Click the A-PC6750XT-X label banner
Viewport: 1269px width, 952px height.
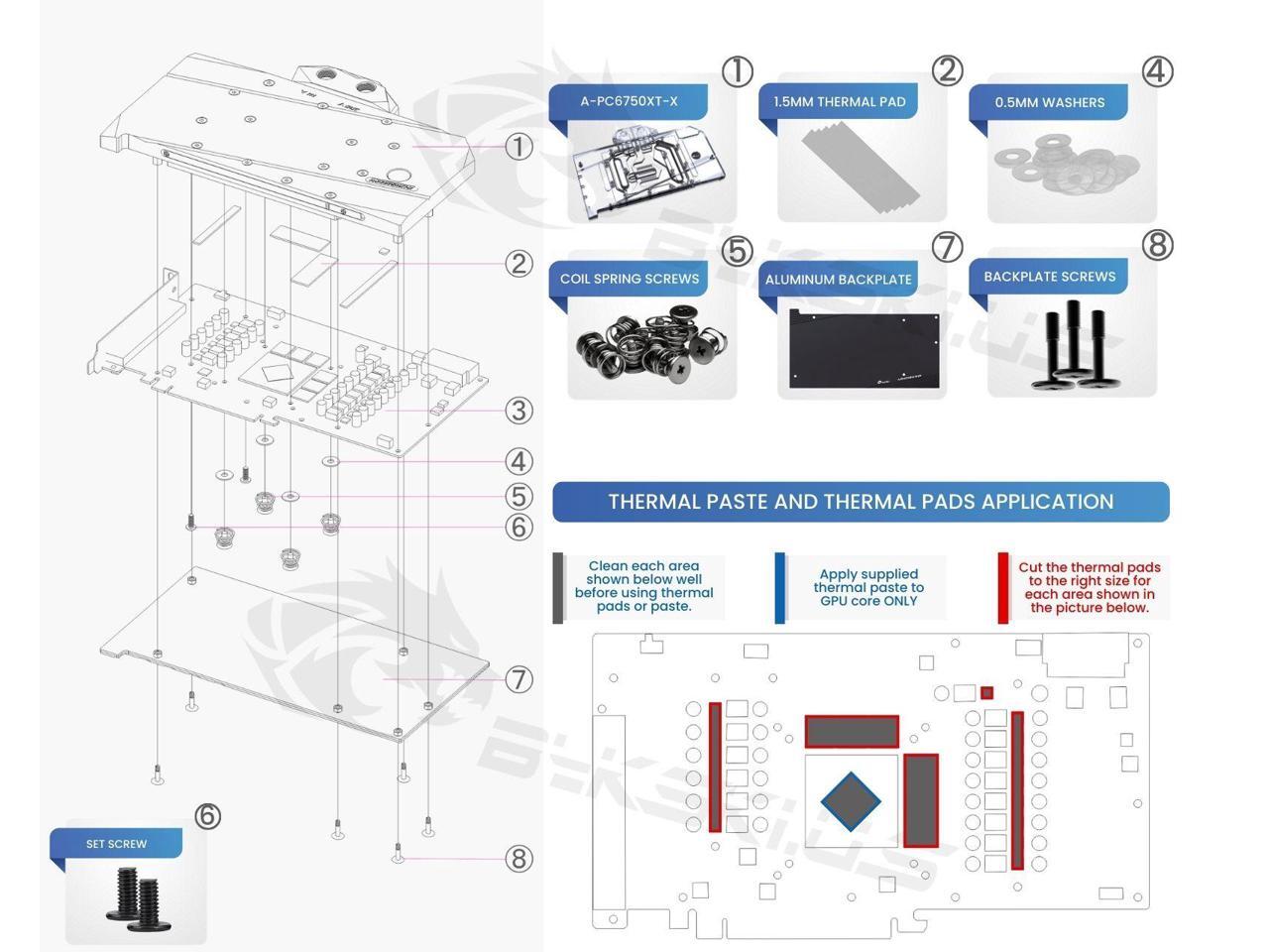[629, 101]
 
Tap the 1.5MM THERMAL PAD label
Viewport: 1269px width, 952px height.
[840, 102]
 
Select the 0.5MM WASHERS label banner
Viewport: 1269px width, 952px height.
[1049, 102]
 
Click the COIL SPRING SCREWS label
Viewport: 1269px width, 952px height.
[629, 279]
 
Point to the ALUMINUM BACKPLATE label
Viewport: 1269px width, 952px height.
[839, 280]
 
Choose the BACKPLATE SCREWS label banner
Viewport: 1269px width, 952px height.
[1049, 277]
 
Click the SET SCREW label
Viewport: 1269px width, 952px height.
[116, 844]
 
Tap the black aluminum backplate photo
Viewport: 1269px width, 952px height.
[864, 349]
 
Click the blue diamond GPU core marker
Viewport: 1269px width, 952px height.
[851, 801]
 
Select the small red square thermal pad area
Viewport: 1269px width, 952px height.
[986, 692]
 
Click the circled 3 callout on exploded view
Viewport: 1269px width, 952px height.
[519, 411]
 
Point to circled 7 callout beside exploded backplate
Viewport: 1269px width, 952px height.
[519, 679]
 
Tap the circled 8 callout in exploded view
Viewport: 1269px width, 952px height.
[519, 859]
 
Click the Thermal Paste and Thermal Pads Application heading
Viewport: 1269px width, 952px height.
[861, 501]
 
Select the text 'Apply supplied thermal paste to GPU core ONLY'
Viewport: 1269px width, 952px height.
[868, 587]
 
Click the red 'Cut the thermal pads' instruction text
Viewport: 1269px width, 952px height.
[1090, 587]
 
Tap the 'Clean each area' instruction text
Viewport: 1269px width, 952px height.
[644, 586]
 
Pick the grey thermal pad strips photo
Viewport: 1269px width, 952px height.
[861, 168]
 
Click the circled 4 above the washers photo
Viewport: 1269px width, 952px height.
[1157, 72]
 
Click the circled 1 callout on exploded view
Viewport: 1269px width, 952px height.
[519, 147]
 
